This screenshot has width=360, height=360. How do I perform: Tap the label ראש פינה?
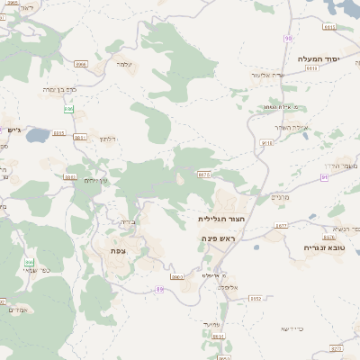pyautogui.click(x=217, y=238)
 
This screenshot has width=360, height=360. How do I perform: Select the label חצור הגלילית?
pyautogui.click(x=221, y=218)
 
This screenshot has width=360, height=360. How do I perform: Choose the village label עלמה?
pyautogui.click(x=124, y=64)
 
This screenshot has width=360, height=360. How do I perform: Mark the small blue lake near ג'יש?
pyautogui.click(x=38, y=137)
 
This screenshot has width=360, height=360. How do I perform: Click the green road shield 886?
pyautogui.click(x=68, y=109)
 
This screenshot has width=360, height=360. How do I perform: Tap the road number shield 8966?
pyautogui.click(x=81, y=65)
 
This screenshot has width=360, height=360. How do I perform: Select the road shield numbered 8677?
pyautogui.click(x=281, y=226)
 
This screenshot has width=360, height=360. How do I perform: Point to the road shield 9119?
pyautogui.click(x=266, y=142)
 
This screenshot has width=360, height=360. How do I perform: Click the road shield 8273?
pyautogui.click(x=337, y=347)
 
